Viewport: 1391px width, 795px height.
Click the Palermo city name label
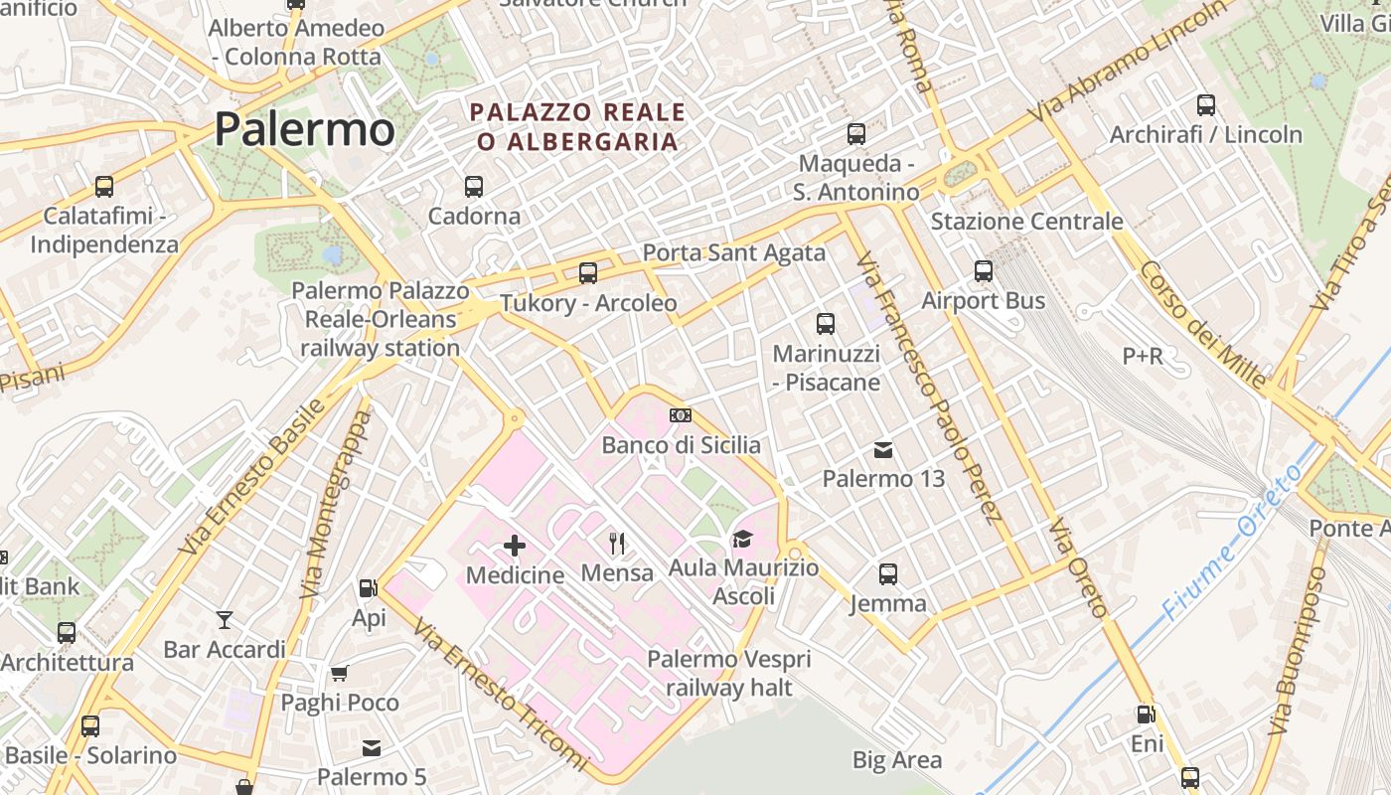click(304, 129)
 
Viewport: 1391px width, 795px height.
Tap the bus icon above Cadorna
click(474, 186)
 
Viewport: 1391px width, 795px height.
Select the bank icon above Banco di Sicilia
click(681, 414)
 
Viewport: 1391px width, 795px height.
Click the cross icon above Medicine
click(515, 545)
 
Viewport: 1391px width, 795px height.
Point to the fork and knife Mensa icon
click(617, 543)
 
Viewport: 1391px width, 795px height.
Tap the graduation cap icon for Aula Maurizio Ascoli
click(742, 539)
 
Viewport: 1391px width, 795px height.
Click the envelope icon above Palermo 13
click(883, 450)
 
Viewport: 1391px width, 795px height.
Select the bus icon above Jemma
click(888, 573)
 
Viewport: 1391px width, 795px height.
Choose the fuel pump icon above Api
click(369, 588)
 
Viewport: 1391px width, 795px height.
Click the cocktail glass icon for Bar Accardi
click(225, 620)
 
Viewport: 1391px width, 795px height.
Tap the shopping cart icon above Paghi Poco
click(340, 673)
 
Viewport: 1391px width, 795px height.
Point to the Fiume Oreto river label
click(1232, 542)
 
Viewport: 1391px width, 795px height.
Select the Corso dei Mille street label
click(1203, 324)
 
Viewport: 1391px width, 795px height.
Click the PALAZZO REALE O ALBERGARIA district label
click(577, 126)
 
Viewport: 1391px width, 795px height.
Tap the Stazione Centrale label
click(1026, 221)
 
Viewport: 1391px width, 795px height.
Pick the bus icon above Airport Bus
click(984, 270)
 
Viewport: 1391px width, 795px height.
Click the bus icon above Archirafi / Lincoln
click(1206, 104)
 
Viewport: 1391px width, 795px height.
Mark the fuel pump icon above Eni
click(1146, 714)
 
